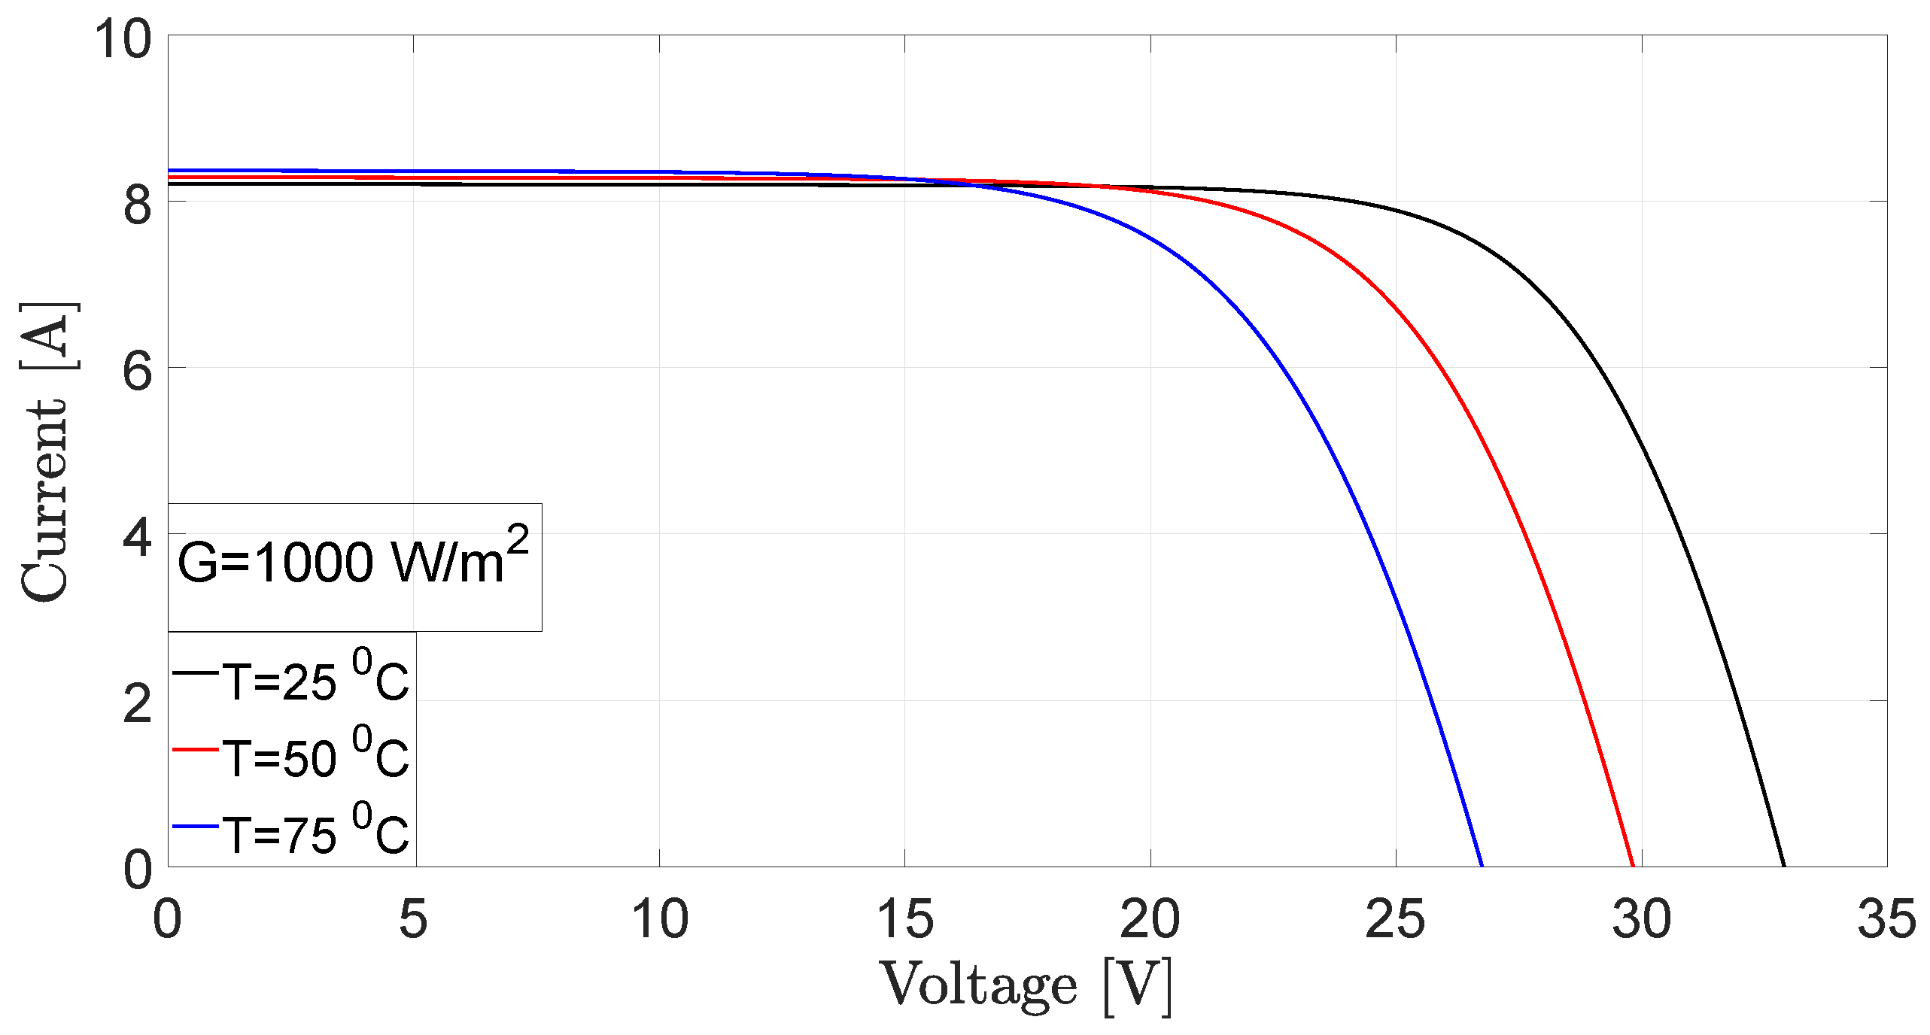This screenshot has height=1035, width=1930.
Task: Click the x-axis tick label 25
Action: pyautogui.click(x=1395, y=919)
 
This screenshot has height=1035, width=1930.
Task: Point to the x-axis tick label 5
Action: pyautogui.click(x=413, y=919)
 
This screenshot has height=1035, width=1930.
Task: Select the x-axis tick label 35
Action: pyautogui.click(x=1886, y=919)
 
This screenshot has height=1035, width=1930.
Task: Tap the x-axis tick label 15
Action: pyautogui.click(x=904, y=919)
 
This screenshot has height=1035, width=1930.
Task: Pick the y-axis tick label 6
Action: pyautogui.click(x=138, y=371)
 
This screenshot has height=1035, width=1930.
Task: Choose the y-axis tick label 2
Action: pyautogui.click(x=138, y=704)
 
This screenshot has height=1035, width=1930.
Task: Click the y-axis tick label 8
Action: pyautogui.click(x=138, y=205)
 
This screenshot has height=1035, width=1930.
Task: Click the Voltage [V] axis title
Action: pyautogui.click(x=1026, y=986)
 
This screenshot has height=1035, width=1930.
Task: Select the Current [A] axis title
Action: pyautogui.click(x=47, y=451)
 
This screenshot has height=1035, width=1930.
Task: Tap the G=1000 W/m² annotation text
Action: pyautogui.click(x=352, y=561)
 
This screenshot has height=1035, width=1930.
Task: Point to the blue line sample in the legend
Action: pyautogui.click(x=196, y=826)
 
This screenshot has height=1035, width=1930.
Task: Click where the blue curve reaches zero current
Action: pyautogui.click(x=1482, y=866)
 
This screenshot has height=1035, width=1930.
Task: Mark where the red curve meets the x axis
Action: pyautogui.click(x=1633, y=866)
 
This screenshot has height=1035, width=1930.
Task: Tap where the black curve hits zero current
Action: pyautogui.click(x=1784, y=866)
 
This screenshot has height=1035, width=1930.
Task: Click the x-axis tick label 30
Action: pyautogui.click(x=1641, y=919)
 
